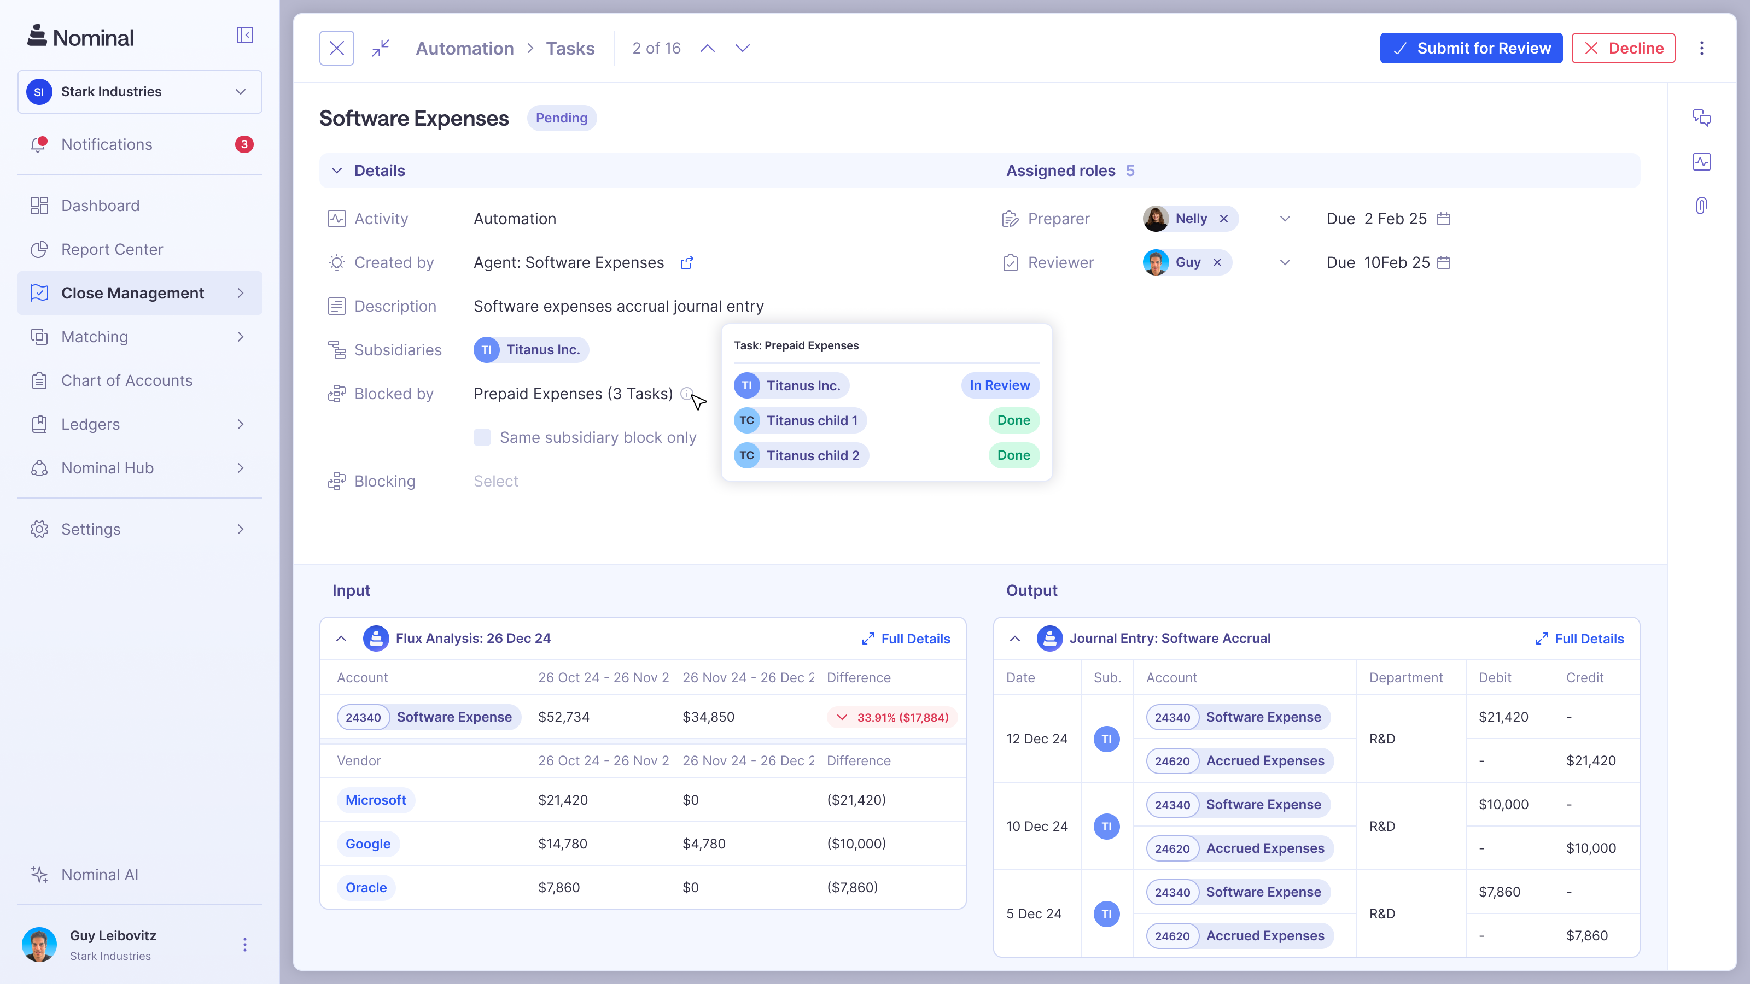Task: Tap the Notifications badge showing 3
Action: pyautogui.click(x=244, y=144)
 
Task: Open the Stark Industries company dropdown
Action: pyautogui.click(x=139, y=92)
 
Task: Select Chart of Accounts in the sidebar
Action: pyautogui.click(x=126, y=380)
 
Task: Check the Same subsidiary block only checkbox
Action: pyautogui.click(x=482, y=437)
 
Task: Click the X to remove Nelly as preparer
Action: pyautogui.click(x=1223, y=219)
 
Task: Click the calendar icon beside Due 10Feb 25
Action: pyautogui.click(x=1444, y=263)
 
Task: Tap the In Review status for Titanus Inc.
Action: pyautogui.click(x=999, y=385)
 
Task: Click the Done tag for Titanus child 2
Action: pyautogui.click(x=1013, y=455)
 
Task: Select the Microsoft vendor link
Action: pyautogui.click(x=376, y=800)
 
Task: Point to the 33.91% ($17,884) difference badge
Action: pyautogui.click(x=892, y=717)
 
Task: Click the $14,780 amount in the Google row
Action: pyautogui.click(x=563, y=844)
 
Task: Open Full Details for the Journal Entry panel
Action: pyautogui.click(x=1579, y=639)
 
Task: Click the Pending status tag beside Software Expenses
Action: pyautogui.click(x=561, y=118)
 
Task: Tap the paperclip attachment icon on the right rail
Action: pyautogui.click(x=1701, y=205)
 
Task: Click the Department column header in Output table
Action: pyautogui.click(x=1405, y=677)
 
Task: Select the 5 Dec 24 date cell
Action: pyautogui.click(x=1033, y=913)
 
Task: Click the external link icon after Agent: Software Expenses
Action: pyautogui.click(x=687, y=263)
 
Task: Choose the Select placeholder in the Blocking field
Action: pyautogui.click(x=496, y=481)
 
